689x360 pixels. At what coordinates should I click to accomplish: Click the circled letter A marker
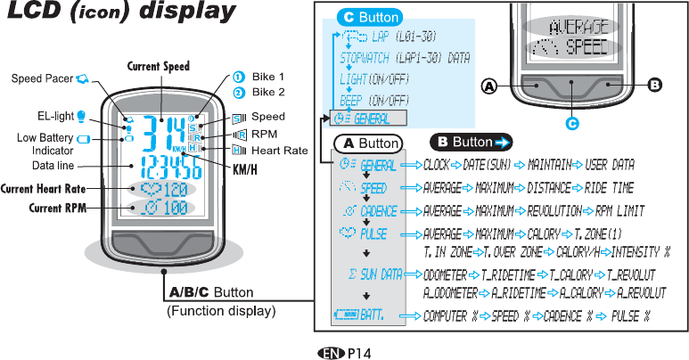click(488, 86)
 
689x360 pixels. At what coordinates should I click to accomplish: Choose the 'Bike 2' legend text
click(268, 92)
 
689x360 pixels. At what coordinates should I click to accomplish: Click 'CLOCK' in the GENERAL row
click(437, 165)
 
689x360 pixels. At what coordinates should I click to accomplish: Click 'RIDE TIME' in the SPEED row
click(611, 189)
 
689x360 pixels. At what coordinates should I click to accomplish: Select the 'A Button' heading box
click(367, 143)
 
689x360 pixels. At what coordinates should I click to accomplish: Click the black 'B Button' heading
click(470, 142)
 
